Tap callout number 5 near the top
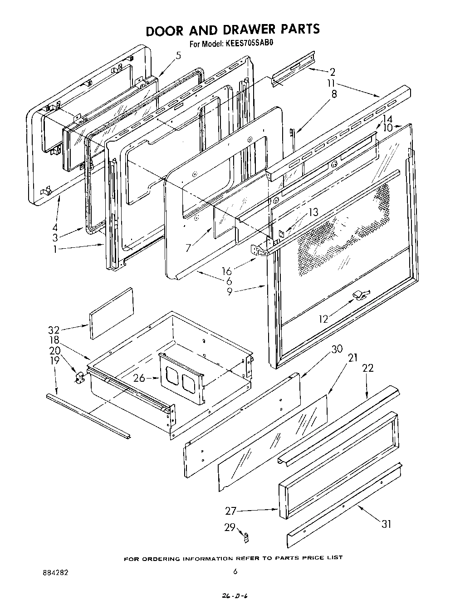pos(178,56)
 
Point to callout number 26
pos(139,378)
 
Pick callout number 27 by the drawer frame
pos(231,511)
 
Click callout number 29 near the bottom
pos(230,527)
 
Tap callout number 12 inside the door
pos(323,319)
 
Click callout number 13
pos(313,211)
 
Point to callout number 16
pos(226,271)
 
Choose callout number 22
pos(367,368)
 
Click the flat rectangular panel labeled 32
pos(112,313)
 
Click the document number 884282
pos(54,572)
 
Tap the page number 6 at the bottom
pos(235,572)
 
